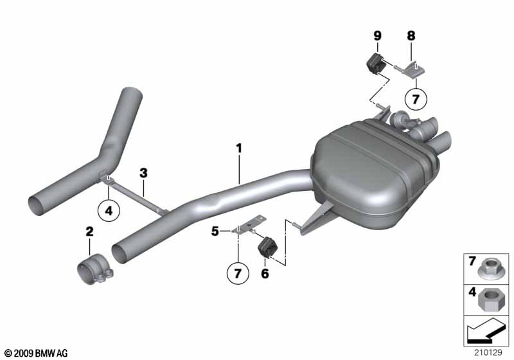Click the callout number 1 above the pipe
pyautogui.click(x=239, y=148)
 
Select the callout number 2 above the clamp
pyautogui.click(x=89, y=231)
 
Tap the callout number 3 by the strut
pyautogui.click(x=143, y=173)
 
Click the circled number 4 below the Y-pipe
pyautogui.click(x=109, y=210)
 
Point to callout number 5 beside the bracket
pyautogui.click(x=215, y=231)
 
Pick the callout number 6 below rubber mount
pyautogui.click(x=265, y=273)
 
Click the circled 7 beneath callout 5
pyautogui.click(x=238, y=273)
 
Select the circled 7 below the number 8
pyautogui.click(x=416, y=99)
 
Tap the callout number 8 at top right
pyautogui.click(x=411, y=35)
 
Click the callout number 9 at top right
pyautogui.click(x=378, y=35)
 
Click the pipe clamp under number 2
pyautogui.click(x=95, y=269)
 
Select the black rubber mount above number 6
pyautogui.click(x=269, y=248)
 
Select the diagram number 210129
pyautogui.click(x=488, y=352)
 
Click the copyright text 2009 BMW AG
pyautogui.click(x=37, y=354)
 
